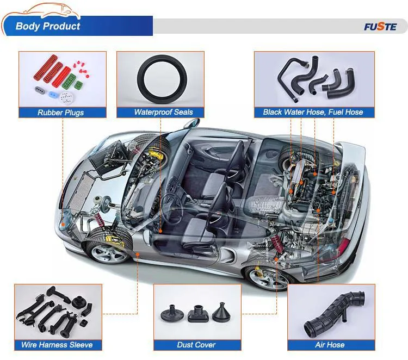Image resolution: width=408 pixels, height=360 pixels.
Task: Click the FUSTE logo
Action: [380, 26]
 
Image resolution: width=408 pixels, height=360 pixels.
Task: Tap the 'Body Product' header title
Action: [48, 26]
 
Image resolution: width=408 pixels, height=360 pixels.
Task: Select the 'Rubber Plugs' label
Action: [60, 113]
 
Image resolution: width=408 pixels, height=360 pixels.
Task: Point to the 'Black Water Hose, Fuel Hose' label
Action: [313, 113]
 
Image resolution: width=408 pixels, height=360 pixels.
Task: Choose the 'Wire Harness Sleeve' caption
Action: [57, 345]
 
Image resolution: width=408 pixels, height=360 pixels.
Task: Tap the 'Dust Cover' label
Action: [196, 345]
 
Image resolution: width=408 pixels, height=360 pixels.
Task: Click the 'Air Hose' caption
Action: [330, 345]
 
